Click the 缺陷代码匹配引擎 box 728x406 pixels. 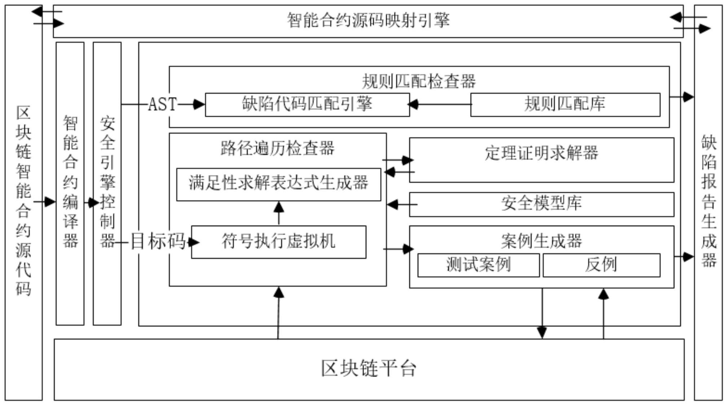307,105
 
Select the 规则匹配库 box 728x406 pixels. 565,105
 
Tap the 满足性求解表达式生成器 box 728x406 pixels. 278,184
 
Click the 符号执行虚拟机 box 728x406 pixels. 278,242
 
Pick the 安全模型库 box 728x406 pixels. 541,204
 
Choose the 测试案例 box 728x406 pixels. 478,265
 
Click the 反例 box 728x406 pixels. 601,265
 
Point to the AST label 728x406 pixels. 162,105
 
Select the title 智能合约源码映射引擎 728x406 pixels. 368,21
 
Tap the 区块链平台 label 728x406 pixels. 369,369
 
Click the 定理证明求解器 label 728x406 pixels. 541,153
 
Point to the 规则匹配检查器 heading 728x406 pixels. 418,81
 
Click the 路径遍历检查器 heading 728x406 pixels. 277,148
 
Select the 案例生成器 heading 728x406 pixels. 541,241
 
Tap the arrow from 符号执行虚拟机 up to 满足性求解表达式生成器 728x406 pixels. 279,213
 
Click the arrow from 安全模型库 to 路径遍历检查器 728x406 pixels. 400,204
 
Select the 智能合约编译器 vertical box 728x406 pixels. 70,183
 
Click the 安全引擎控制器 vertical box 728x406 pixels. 107,183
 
